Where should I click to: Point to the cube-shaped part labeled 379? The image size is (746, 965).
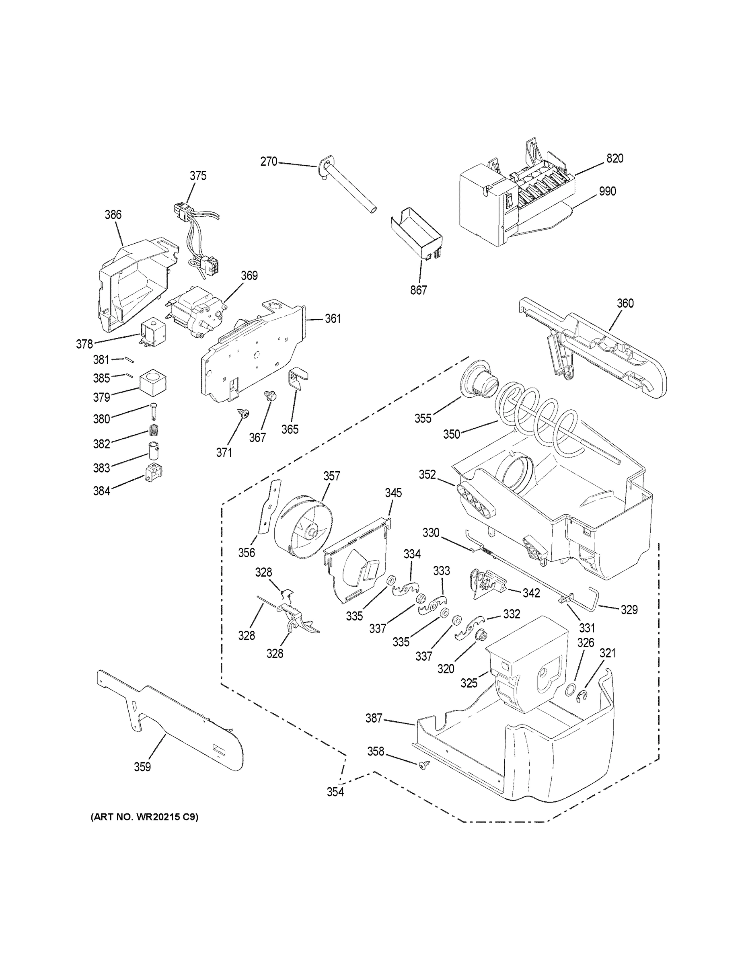tap(153, 381)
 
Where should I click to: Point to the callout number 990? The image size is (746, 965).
tap(607, 191)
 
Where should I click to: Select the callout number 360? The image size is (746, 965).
tap(625, 303)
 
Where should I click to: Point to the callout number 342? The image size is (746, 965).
tap(531, 593)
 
